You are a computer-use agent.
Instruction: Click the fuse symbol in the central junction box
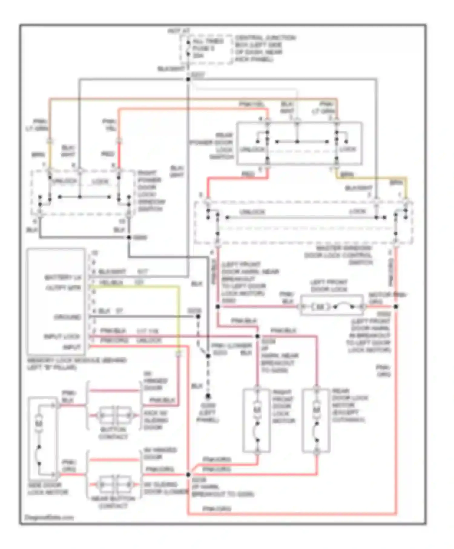coord(188,48)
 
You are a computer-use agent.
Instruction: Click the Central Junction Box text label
coord(265,48)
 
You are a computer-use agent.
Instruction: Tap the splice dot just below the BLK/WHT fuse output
coord(188,79)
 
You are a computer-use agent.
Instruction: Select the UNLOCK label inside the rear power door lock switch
coord(252,149)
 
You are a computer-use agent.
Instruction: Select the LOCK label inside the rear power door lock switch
coord(347,149)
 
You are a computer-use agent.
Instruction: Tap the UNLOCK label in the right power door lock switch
coord(64,181)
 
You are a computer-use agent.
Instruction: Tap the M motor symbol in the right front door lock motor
coord(257,410)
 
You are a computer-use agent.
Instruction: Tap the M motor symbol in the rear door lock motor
coord(316,410)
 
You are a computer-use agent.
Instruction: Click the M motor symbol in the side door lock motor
coord(38,423)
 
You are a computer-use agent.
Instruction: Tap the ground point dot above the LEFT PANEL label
coord(208,396)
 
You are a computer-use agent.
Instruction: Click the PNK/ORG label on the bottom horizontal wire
coord(217,509)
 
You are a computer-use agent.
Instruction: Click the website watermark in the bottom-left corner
coord(49,517)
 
